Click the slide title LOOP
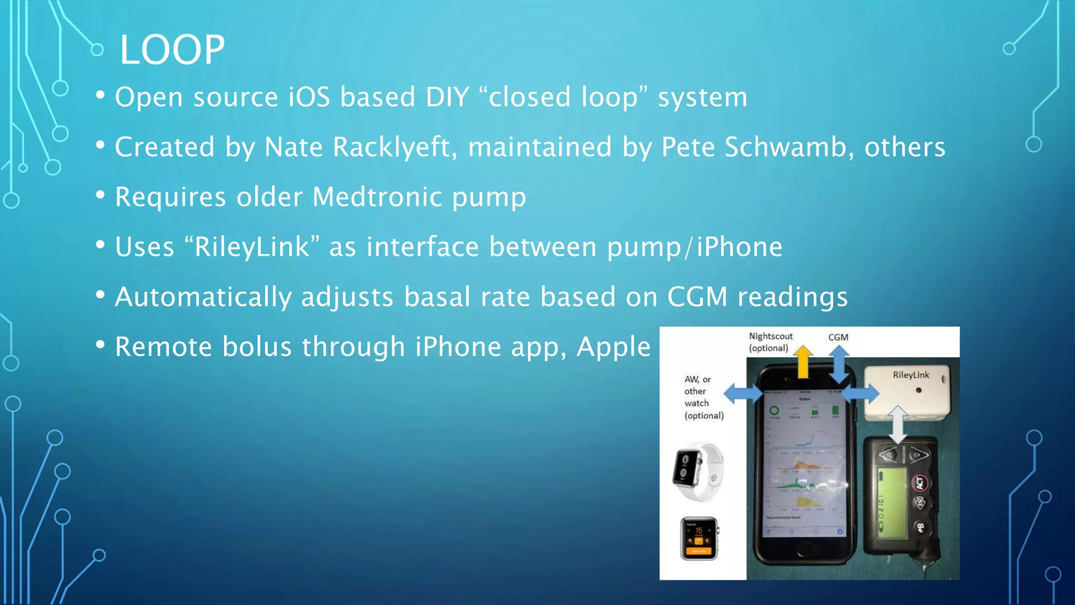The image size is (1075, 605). [x=172, y=50]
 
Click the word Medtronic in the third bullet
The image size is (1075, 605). [x=377, y=197]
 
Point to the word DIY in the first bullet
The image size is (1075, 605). [x=447, y=98]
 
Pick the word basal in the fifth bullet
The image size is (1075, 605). [x=437, y=297]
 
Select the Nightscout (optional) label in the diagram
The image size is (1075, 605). [x=770, y=342]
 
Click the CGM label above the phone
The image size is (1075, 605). [x=838, y=337]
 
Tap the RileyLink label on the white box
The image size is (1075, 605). [x=911, y=375]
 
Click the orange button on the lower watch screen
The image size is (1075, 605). [x=699, y=551]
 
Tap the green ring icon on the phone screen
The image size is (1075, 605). [x=774, y=411]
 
